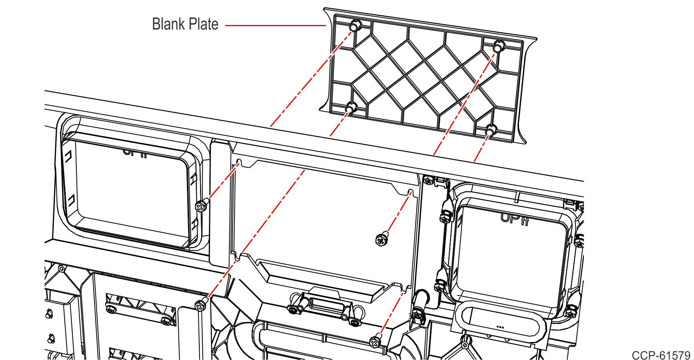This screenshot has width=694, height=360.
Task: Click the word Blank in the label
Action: (168, 24)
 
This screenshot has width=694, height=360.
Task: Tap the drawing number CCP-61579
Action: (661, 355)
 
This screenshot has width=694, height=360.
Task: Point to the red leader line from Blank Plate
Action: (276, 26)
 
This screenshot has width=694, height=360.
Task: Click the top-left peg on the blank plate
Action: (355, 26)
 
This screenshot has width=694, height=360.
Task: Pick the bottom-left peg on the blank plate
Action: (350, 108)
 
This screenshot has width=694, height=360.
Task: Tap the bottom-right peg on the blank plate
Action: (490, 130)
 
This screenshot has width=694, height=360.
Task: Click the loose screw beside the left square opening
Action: (201, 206)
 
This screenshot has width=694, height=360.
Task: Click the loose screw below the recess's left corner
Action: (201, 305)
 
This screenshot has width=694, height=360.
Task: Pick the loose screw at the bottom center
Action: (375, 342)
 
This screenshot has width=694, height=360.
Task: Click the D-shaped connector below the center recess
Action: (326, 305)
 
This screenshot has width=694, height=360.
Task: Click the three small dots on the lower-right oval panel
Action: (500, 327)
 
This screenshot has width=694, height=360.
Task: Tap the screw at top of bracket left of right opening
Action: (428, 179)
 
